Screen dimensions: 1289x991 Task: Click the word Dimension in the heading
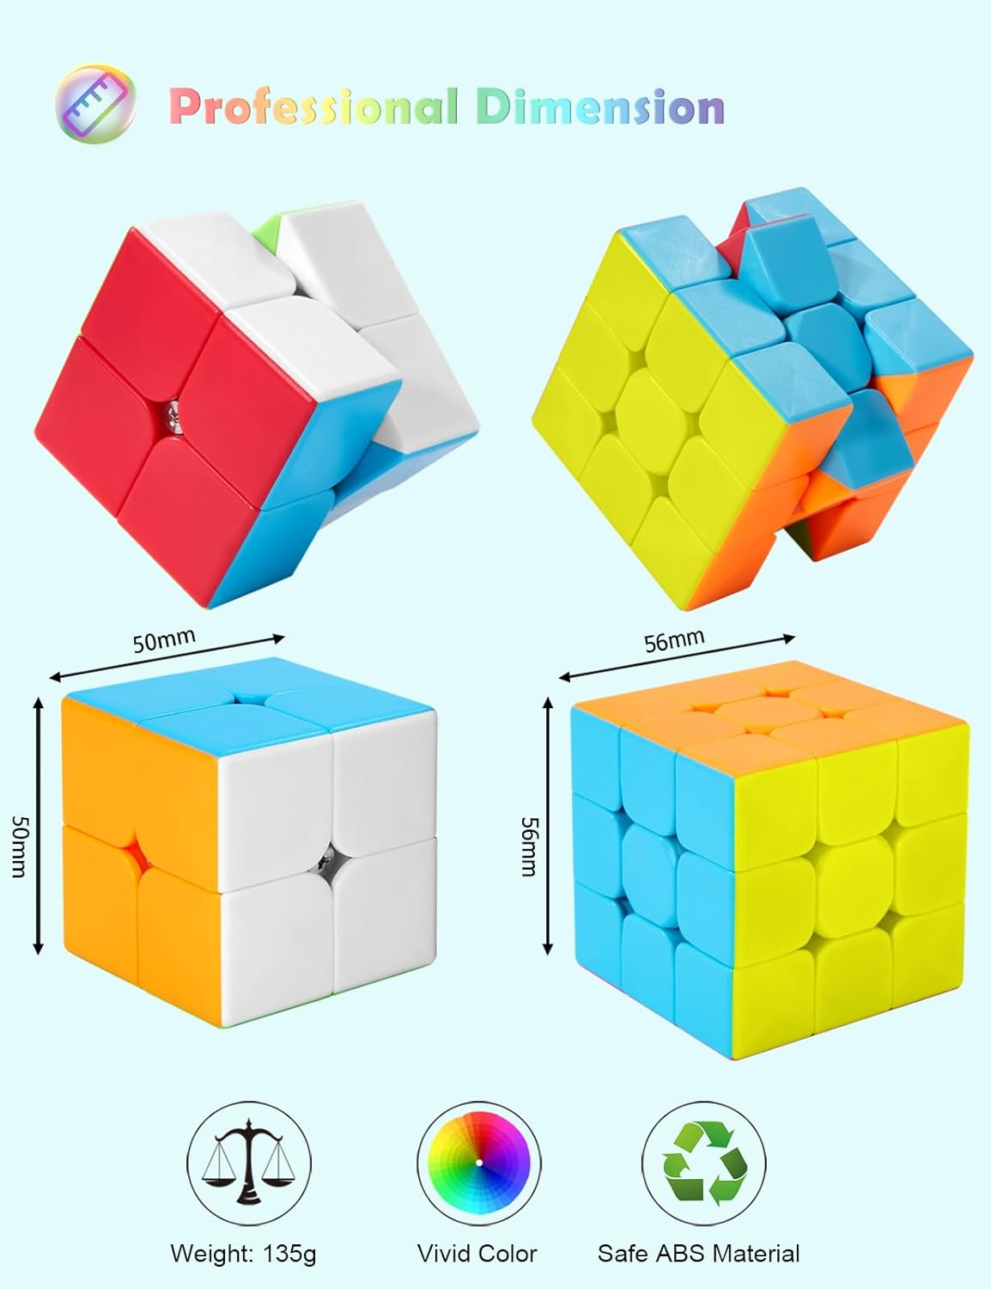coord(599,107)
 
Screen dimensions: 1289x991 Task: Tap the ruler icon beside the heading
coord(96,103)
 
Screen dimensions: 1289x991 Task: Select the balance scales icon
coord(249,1164)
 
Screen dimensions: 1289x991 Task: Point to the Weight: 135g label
coord(243,1253)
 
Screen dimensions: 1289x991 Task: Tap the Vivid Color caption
coord(477,1253)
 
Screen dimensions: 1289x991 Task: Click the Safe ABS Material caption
coord(698,1253)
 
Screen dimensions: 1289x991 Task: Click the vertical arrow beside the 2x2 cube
coord(38,825)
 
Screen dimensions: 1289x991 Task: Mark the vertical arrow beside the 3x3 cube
coord(548,825)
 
